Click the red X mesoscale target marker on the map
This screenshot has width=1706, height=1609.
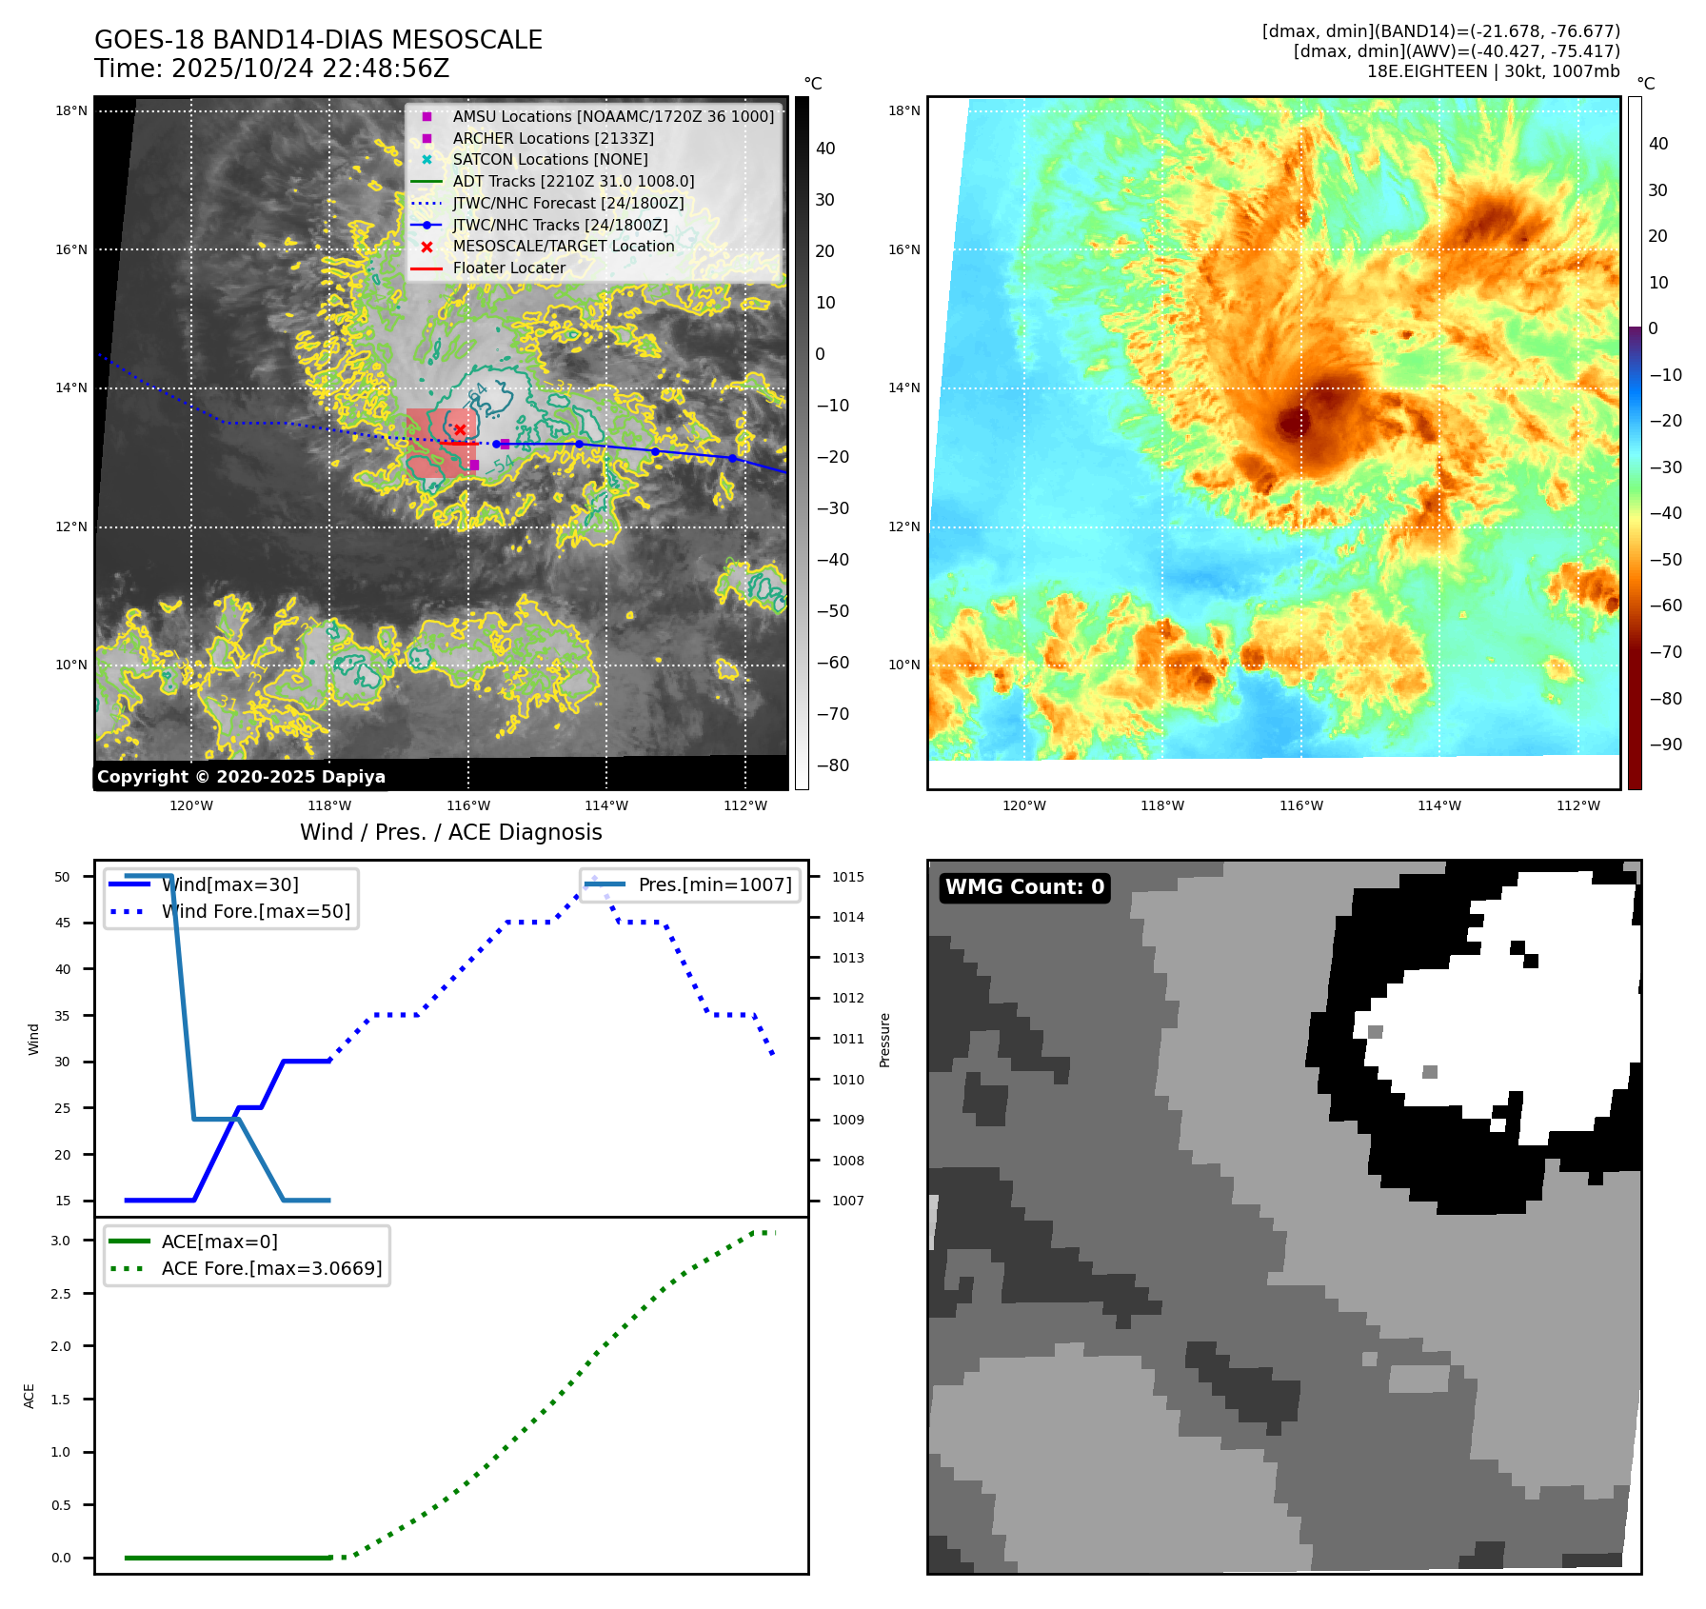coord(460,430)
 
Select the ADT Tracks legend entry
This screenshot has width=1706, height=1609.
coord(573,181)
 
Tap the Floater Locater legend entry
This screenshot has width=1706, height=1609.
coord(508,268)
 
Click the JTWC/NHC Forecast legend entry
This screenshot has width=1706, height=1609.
coord(567,203)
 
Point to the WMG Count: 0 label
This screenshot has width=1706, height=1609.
coord(1024,887)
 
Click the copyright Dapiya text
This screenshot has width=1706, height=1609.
coord(241,777)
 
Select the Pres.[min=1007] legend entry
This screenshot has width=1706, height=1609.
coord(714,884)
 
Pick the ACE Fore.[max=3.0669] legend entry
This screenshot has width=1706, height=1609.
coord(271,1268)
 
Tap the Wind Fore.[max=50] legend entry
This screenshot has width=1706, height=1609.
coord(255,911)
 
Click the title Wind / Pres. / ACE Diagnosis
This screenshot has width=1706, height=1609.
coord(451,832)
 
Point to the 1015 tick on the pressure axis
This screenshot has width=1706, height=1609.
coord(847,877)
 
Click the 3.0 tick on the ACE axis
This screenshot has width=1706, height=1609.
coord(61,1241)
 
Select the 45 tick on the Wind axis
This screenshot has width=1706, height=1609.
coord(63,923)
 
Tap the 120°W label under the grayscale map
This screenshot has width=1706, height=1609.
coord(191,805)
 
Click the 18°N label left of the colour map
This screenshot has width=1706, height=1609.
coord(904,110)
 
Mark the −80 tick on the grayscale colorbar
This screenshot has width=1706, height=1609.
coord(833,765)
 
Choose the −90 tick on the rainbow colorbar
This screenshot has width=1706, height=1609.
coord(1665,745)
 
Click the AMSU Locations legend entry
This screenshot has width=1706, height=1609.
coord(613,116)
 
